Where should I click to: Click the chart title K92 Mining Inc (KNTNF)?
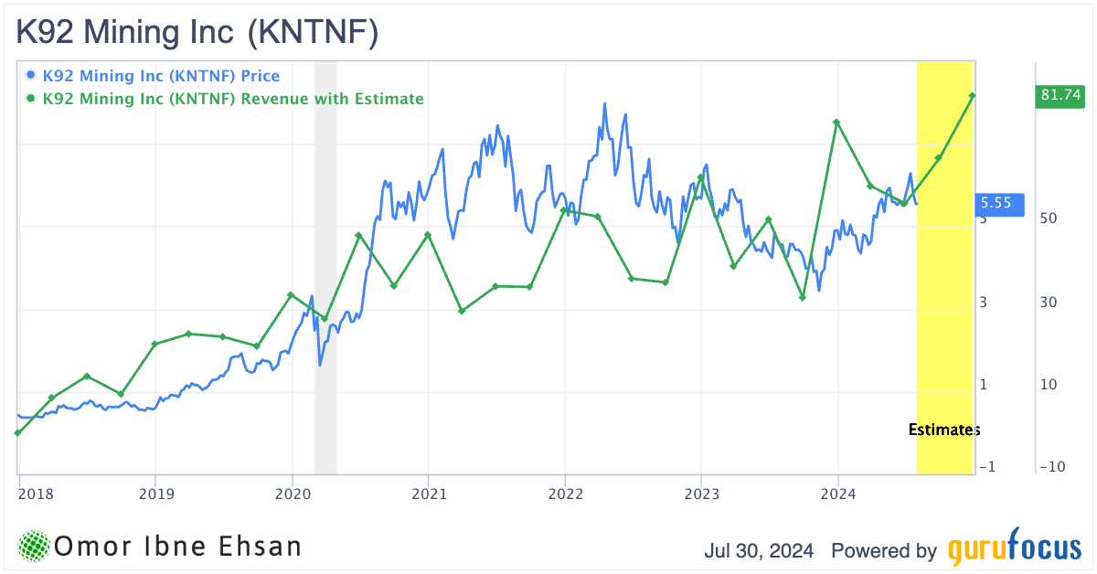coord(197,33)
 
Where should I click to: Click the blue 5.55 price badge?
coord(997,203)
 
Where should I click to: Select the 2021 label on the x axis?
coord(428,494)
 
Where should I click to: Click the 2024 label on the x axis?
coord(838,494)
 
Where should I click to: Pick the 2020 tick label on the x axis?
coord(292,494)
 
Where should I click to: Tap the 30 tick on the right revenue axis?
coord(1049,302)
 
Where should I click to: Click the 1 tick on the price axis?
coord(984,384)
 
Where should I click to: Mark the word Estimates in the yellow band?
coord(944,430)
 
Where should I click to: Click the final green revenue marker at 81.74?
coord(973,95)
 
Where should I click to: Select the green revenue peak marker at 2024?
coord(836,122)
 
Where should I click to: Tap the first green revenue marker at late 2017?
coord(18,432)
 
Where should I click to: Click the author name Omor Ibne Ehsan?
coord(178,547)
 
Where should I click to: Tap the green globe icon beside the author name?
coord(34,547)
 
